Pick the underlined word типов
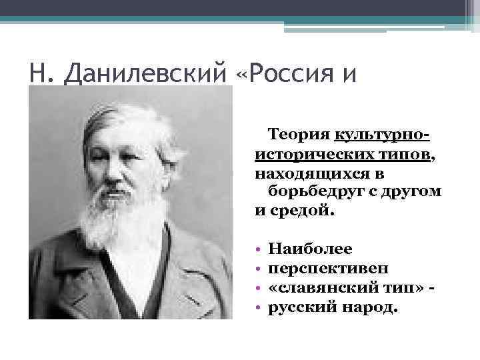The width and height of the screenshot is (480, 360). tap(399, 155)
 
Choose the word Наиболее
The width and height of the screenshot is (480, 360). tap(310, 249)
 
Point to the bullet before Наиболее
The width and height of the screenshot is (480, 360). tap(258, 249)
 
